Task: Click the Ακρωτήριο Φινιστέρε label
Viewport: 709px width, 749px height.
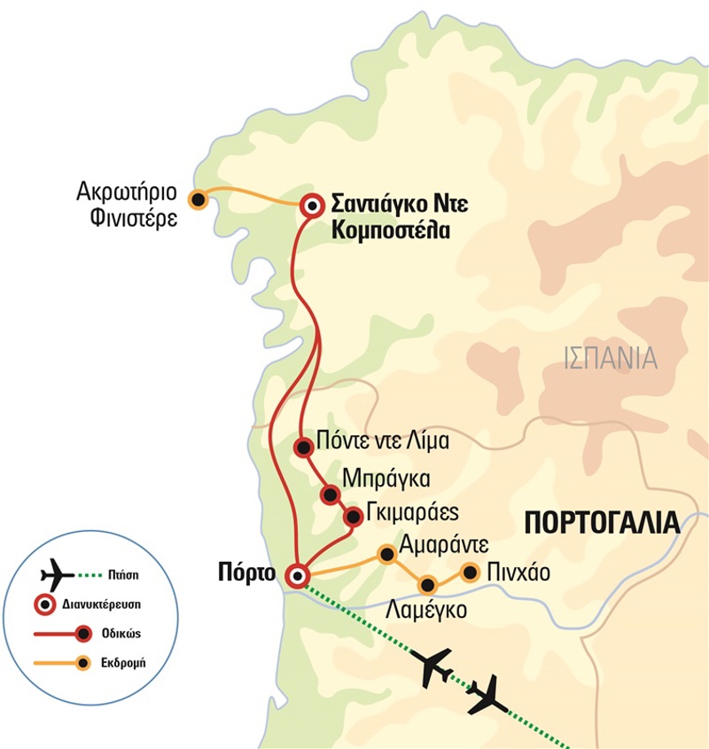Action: tap(126, 205)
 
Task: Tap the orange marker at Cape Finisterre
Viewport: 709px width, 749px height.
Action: tap(198, 199)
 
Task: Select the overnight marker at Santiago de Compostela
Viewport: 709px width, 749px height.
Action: tap(312, 206)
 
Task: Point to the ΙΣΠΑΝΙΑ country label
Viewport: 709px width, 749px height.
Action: tap(611, 358)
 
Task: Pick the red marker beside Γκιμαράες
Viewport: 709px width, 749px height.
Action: tap(353, 516)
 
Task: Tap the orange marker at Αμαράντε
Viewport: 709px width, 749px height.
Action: tap(386, 554)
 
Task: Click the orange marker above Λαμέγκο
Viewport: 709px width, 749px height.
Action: tap(428, 584)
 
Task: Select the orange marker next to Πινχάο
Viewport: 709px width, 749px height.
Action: tap(471, 572)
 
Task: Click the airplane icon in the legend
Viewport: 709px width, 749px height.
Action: tap(58, 574)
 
